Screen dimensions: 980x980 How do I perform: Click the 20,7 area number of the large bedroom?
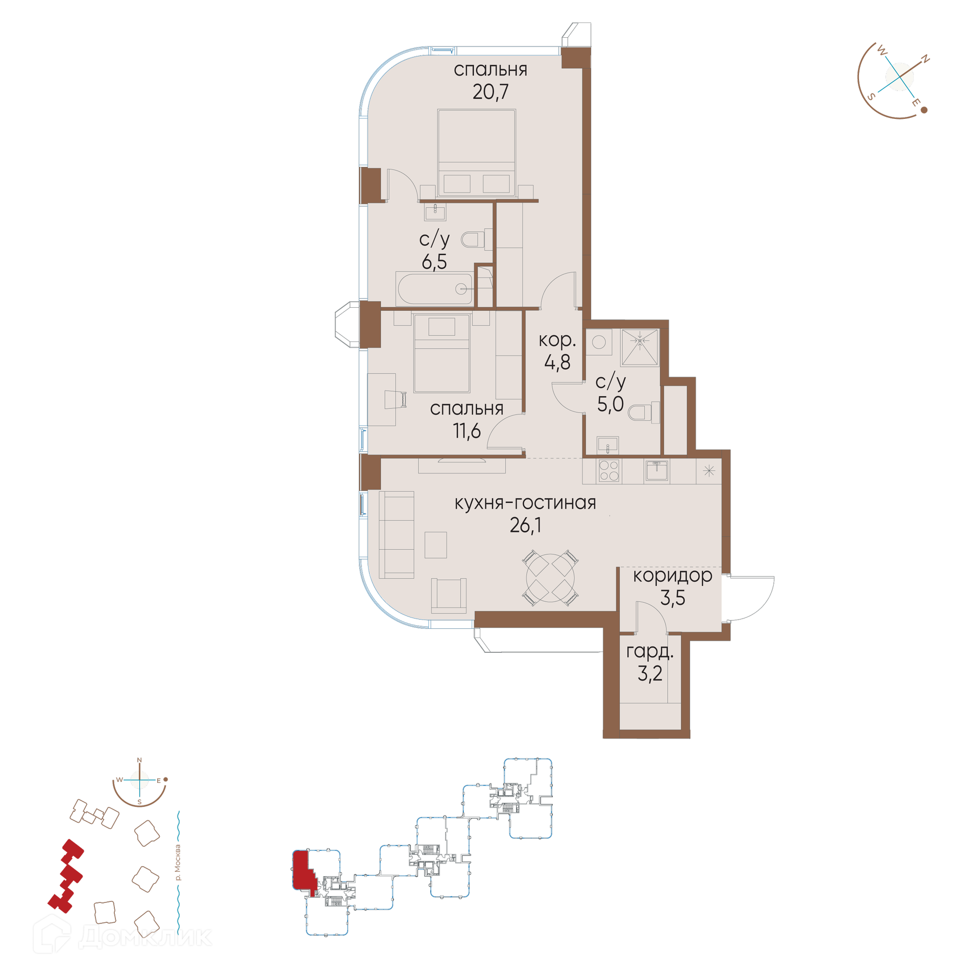click(490, 92)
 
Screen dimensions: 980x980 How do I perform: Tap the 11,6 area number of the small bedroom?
click(467, 431)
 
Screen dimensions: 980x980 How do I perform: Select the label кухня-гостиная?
click(525, 503)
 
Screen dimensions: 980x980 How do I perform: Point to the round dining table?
click(550, 578)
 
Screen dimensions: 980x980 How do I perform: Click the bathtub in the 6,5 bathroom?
click(434, 289)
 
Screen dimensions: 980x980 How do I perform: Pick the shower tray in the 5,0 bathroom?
click(640, 347)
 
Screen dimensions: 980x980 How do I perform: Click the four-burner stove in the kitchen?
click(609, 471)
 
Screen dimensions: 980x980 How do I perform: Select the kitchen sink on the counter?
click(657, 471)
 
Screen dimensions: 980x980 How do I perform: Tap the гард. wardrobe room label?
click(650, 652)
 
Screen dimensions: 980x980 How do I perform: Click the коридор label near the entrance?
click(673, 576)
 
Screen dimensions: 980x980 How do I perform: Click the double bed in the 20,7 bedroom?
click(476, 153)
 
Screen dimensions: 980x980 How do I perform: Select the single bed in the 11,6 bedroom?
click(442, 353)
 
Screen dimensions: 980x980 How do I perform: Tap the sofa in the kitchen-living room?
click(396, 534)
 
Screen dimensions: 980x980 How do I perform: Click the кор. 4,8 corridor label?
click(557, 351)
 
